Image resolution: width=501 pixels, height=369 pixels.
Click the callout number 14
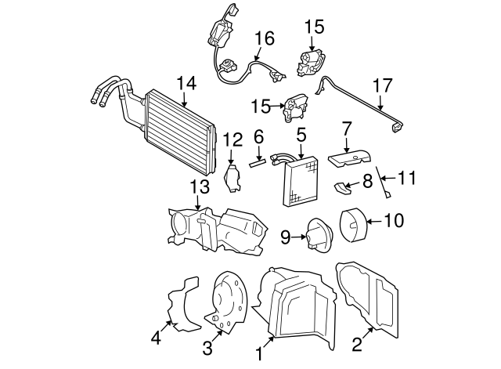pos(186,84)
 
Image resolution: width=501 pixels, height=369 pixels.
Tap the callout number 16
pos(265,38)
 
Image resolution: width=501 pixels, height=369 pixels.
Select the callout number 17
pos(383,85)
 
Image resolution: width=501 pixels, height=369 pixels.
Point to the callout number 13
pos(200,186)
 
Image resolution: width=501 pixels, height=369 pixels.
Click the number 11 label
pos(406,178)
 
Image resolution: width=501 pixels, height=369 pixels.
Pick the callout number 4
pos(156,338)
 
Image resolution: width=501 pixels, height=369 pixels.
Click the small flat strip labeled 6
pos(258,164)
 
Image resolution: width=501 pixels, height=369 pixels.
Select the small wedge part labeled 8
pos(342,188)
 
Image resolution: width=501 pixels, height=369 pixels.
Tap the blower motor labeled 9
pos(319,234)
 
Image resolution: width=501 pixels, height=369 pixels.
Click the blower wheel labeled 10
pos(353,224)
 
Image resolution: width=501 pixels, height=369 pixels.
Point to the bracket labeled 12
pos(232,178)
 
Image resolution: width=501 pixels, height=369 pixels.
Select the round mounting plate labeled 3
pos(229,302)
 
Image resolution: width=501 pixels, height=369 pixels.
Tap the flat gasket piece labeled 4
pos(184,304)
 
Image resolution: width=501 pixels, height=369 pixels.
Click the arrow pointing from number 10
pos(374,221)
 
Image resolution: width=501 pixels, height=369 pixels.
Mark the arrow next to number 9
pos(299,237)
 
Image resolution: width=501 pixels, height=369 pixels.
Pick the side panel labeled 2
pos(367,299)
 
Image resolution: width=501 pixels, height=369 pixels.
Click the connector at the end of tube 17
pos(398,127)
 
